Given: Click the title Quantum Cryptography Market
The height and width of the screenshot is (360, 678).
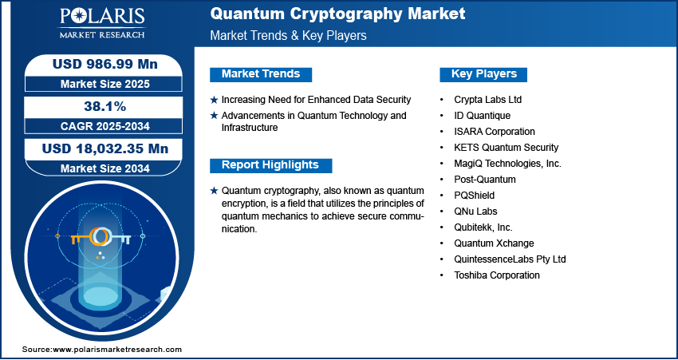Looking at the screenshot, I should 338,14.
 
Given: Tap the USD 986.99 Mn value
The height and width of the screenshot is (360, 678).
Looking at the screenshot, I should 100,64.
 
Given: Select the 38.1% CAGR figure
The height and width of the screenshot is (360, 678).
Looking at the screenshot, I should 100,105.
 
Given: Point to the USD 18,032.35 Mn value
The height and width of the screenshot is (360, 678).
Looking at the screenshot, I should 100,148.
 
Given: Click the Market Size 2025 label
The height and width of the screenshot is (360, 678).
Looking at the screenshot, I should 100,84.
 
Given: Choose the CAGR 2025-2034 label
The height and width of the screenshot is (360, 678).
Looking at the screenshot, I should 100,125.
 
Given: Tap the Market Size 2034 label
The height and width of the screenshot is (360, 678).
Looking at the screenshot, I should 100,168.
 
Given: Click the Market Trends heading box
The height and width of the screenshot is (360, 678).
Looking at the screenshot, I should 260,74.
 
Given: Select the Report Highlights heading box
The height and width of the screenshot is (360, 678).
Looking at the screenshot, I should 270,165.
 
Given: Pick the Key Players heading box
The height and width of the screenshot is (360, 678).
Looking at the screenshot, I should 483,74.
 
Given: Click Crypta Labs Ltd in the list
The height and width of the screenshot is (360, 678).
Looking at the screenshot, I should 487,100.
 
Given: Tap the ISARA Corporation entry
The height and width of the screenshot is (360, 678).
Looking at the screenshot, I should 494,132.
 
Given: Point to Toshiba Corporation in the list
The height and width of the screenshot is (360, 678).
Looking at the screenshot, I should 496,275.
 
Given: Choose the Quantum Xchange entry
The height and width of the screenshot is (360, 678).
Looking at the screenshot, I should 494,243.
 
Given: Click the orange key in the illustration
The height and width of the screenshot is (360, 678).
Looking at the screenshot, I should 100,238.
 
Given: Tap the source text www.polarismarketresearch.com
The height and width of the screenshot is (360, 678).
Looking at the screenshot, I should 116,350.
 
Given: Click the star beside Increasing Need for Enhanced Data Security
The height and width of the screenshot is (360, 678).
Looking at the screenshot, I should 214,100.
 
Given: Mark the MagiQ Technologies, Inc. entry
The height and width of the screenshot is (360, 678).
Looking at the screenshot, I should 507,164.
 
